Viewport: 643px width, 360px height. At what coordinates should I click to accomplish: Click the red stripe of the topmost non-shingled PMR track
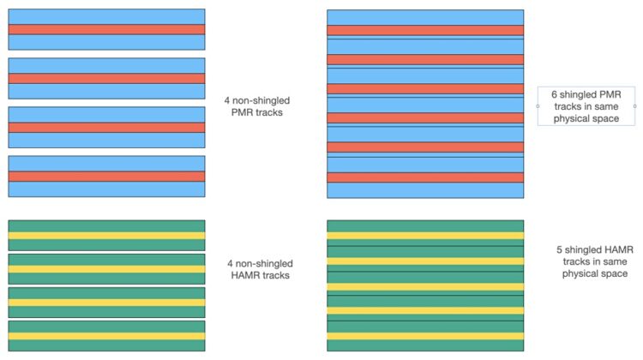106,29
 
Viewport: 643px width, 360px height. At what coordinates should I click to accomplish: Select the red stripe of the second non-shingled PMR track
106,78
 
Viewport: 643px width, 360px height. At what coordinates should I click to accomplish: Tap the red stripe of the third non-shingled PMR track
106,127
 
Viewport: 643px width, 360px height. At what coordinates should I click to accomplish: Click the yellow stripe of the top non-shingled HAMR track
106,236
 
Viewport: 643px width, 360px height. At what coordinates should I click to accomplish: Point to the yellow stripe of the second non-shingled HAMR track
106,269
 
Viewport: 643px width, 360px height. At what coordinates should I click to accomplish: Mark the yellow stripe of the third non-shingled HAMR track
106,302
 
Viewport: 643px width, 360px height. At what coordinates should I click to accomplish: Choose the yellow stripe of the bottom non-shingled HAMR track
106,335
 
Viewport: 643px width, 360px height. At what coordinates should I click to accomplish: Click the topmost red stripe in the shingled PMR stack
425,30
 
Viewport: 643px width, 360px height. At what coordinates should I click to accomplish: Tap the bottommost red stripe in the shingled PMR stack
425,177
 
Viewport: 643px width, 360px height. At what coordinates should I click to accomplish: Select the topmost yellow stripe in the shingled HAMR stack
425,236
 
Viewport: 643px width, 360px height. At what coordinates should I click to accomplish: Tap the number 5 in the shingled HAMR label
560,249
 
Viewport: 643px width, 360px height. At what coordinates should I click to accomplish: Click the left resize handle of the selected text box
538,106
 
